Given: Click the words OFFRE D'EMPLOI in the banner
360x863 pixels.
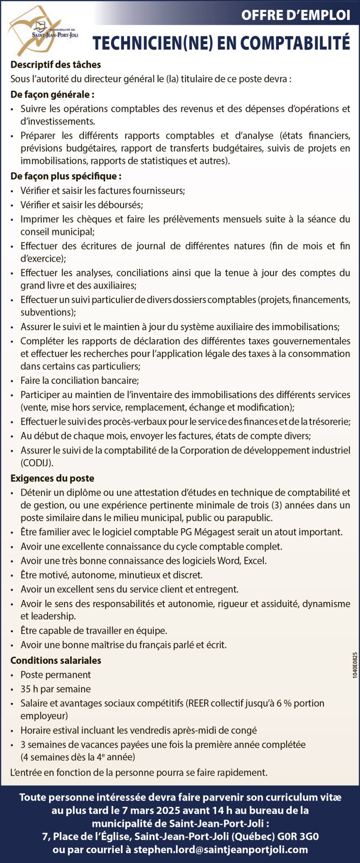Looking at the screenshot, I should coord(296,15).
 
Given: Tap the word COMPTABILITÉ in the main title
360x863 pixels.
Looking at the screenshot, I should coord(296,43).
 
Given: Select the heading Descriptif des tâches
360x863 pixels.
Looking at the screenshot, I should coord(56,64).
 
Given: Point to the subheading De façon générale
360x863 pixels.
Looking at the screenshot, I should coord(52,94).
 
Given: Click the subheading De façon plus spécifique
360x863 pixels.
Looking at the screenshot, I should coord(66,176).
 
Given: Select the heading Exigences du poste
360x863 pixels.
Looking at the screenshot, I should coord(52,478).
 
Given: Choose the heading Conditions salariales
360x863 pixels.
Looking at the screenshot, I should coord(56,660).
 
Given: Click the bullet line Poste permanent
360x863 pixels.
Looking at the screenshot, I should coord(56,675).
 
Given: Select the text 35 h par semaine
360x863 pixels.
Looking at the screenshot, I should coord(56,689).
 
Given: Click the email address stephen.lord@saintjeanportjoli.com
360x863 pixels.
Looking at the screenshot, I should coord(220,850).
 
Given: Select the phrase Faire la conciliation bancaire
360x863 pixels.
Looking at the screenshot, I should coord(80,380).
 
